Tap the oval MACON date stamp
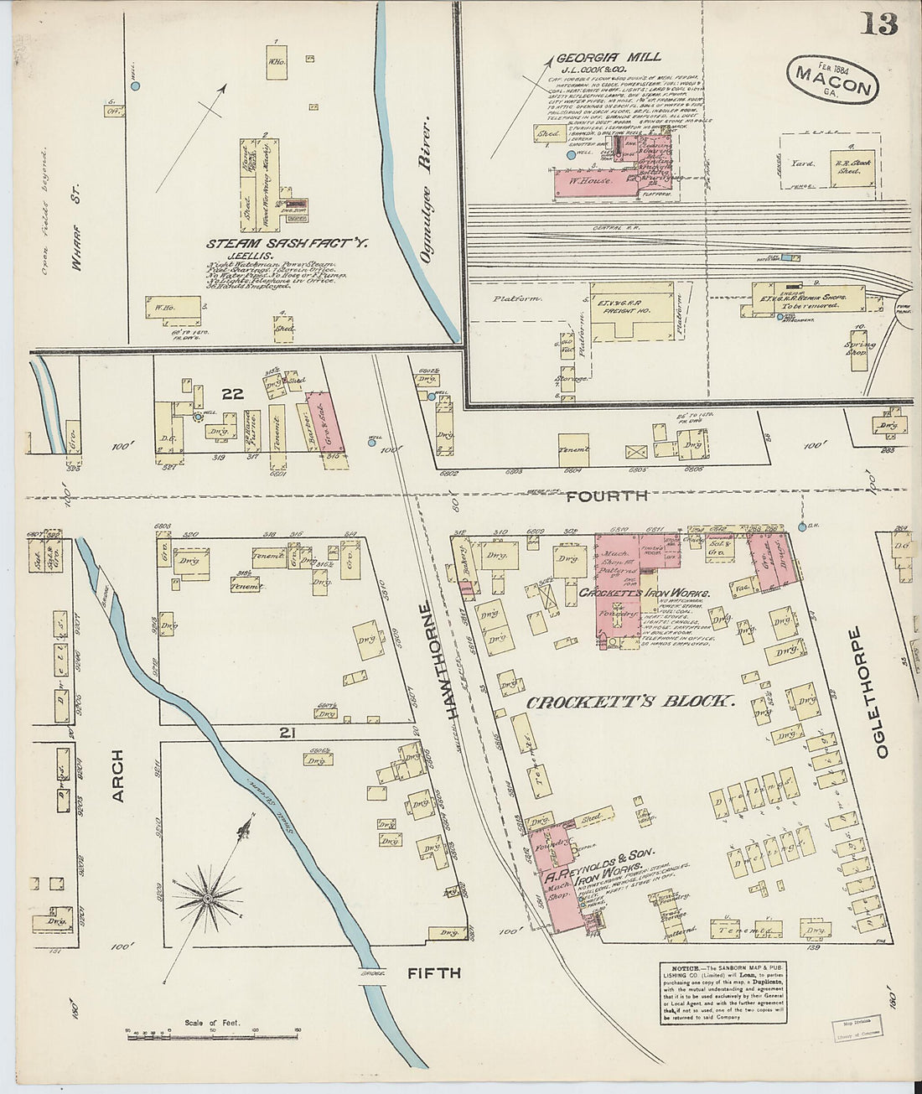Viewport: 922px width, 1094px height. pyautogui.click(x=832, y=79)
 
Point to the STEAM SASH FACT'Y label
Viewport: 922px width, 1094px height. pyautogui.click(x=288, y=245)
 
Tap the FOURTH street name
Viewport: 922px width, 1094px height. pyautogui.click(x=606, y=495)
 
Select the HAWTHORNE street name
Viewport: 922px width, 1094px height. pyautogui.click(x=452, y=661)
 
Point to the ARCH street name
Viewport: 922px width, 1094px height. pyautogui.click(x=117, y=775)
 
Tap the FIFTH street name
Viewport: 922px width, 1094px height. pyautogui.click(x=434, y=972)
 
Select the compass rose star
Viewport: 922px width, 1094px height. pyautogui.click(x=205, y=900)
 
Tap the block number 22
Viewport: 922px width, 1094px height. pyautogui.click(x=232, y=393)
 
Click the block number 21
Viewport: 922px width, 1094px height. pyautogui.click(x=287, y=734)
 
